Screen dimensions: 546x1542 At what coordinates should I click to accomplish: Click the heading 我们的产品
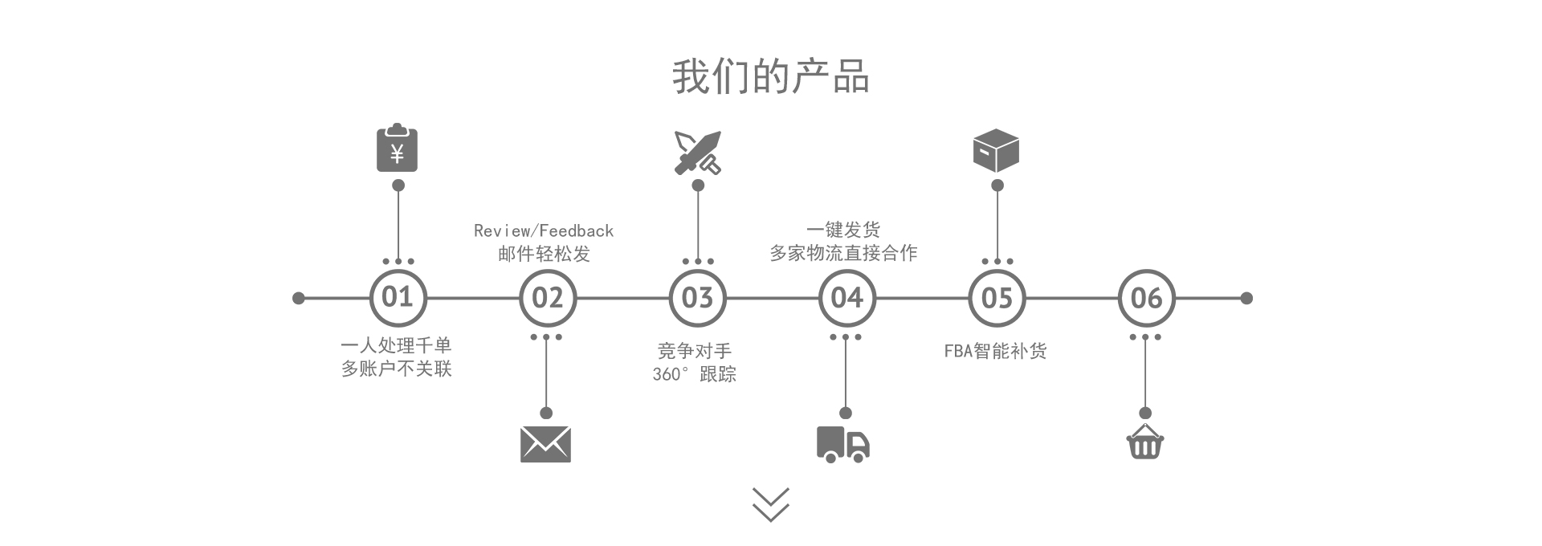tap(770, 77)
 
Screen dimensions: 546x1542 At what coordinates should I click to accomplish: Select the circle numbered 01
tap(398, 298)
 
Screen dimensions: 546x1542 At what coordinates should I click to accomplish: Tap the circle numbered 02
tap(547, 298)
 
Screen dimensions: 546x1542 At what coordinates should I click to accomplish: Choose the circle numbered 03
tap(697, 298)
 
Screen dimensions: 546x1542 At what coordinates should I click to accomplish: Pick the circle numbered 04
tap(846, 298)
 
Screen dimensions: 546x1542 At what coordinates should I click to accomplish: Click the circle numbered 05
tap(997, 298)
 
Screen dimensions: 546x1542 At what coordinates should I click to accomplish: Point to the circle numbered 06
tap(1146, 298)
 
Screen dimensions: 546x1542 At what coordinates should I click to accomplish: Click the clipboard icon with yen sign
tap(397, 149)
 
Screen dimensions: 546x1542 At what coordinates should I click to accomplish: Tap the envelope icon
tap(545, 444)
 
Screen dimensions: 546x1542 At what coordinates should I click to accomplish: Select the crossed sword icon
tap(697, 152)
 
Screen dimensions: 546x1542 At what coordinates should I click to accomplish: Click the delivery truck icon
tap(843, 444)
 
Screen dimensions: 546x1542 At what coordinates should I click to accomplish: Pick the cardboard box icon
tap(996, 150)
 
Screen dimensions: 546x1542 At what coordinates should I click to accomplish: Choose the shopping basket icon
tap(1145, 442)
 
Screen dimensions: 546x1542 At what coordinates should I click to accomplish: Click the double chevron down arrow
tap(771, 504)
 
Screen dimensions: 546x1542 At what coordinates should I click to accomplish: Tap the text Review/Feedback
tap(544, 231)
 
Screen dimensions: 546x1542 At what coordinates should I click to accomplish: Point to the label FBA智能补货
tap(995, 351)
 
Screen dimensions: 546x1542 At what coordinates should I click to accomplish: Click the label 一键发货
tap(843, 230)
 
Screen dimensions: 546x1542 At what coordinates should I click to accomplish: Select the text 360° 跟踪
tap(694, 374)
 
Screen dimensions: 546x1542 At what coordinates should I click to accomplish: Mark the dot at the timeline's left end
tap(299, 298)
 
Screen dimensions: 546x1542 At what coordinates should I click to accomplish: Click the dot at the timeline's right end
tap(1246, 298)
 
